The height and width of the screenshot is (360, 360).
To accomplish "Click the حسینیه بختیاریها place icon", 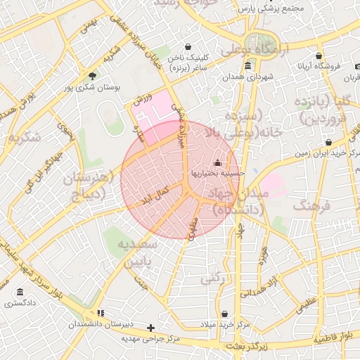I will [x=216, y=163].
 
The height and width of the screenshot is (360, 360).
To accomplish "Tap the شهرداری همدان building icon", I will [x=247, y=67].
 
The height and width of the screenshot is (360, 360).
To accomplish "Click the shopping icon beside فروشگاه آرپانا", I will [x=319, y=56].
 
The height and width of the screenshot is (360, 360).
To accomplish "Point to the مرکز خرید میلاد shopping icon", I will [x=224, y=314].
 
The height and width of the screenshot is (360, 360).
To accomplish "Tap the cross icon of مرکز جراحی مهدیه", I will [x=150, y=328].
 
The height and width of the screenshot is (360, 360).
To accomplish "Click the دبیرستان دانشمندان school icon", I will [x=101, y=313].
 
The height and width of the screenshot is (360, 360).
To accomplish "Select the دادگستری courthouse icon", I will [x=19, y=292].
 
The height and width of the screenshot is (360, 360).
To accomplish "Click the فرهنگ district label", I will [x=314, y=207].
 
